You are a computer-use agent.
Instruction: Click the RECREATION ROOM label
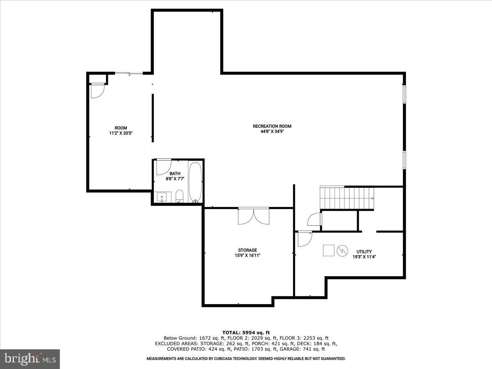pos(272,126)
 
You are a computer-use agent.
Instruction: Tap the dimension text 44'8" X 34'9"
pos(272,132)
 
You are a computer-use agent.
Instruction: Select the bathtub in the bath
pos(195,182)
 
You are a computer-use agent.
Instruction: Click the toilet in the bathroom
pos(179,196)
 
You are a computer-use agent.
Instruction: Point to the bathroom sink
pos(162,197)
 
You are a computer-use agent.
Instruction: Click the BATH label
pos(175,173)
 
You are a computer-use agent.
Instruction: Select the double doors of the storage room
pos(253,216)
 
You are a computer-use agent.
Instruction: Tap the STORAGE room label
pos(248,250)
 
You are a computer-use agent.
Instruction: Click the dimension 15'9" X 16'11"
pos(248,255)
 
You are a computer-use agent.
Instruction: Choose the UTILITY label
pos(364,252)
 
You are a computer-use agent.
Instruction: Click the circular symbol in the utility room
pos(342,250)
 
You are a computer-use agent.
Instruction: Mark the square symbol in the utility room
pos(328,250)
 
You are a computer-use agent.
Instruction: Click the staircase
pos(347,198)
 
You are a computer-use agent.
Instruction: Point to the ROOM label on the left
pos(121,128)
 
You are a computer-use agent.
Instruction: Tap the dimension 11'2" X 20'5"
pos(121,133)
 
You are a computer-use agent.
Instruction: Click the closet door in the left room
pos(97,91)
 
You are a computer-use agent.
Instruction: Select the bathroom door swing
pos(163,166)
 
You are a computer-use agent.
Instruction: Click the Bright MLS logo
pos(30,359)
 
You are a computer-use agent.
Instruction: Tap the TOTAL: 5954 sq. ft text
pos(246,333)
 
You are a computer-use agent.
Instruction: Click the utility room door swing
pos(304,239)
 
